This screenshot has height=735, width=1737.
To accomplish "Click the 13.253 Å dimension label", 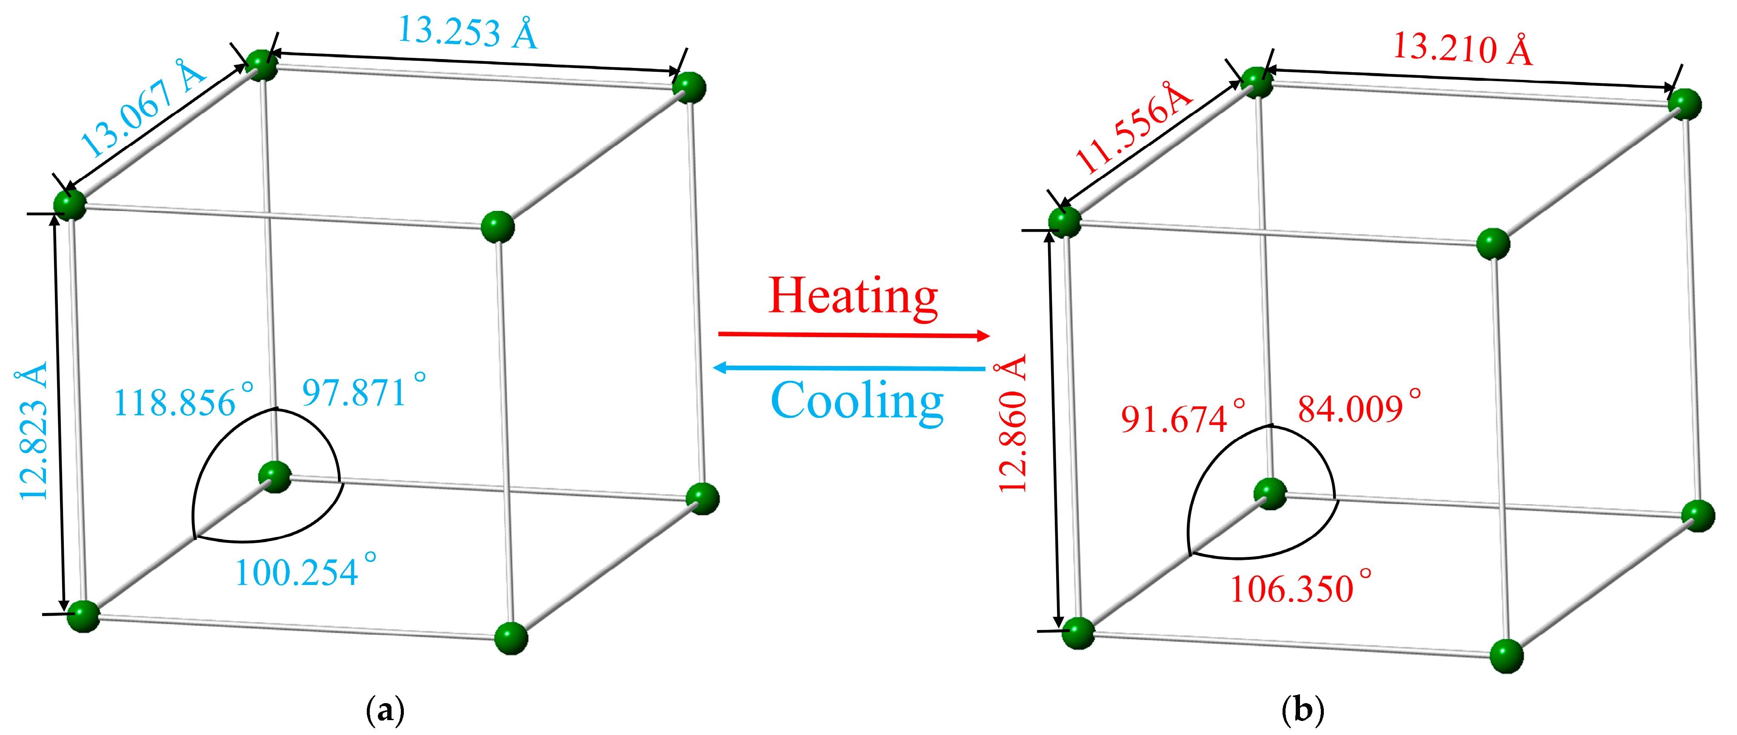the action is pyautogui.click(x=468, y=31).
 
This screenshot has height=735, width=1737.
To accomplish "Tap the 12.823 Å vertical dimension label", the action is pyautogui.click(x=34, y=431).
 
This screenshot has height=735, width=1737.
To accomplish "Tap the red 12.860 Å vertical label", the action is pyautogui.click(x=1013, y=424).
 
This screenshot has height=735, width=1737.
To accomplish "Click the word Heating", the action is pyautogui.click(x=853, y=296).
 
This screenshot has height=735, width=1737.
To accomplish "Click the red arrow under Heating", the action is pyautogui.click(x=854, y=335).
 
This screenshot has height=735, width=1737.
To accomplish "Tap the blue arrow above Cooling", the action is pyautogui.click(x=850, y=368).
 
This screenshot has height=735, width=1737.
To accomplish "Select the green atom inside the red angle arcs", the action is pyautogui.click(x=1270, y=494).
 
